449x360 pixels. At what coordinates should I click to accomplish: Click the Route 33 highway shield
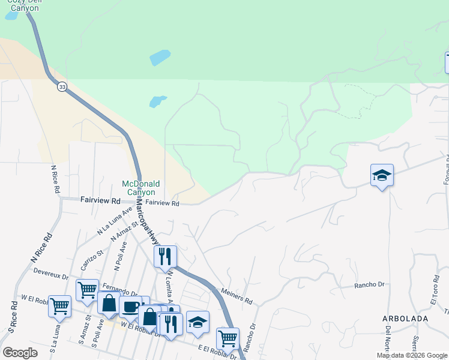pos(62,87)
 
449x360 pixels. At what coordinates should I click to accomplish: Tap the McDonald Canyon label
pos(139,188)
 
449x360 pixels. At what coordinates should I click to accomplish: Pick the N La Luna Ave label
pos(114,221)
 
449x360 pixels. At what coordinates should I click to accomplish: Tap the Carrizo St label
pos(91,259)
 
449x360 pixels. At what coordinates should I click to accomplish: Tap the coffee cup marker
pos(130,307)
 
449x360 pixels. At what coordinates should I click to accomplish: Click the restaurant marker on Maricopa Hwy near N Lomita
pos(165,257)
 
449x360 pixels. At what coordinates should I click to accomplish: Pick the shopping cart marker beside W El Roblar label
pos(59,306)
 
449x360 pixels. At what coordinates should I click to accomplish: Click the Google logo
pos(20,353)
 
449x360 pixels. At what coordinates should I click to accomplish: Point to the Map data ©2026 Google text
pos(412,355)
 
